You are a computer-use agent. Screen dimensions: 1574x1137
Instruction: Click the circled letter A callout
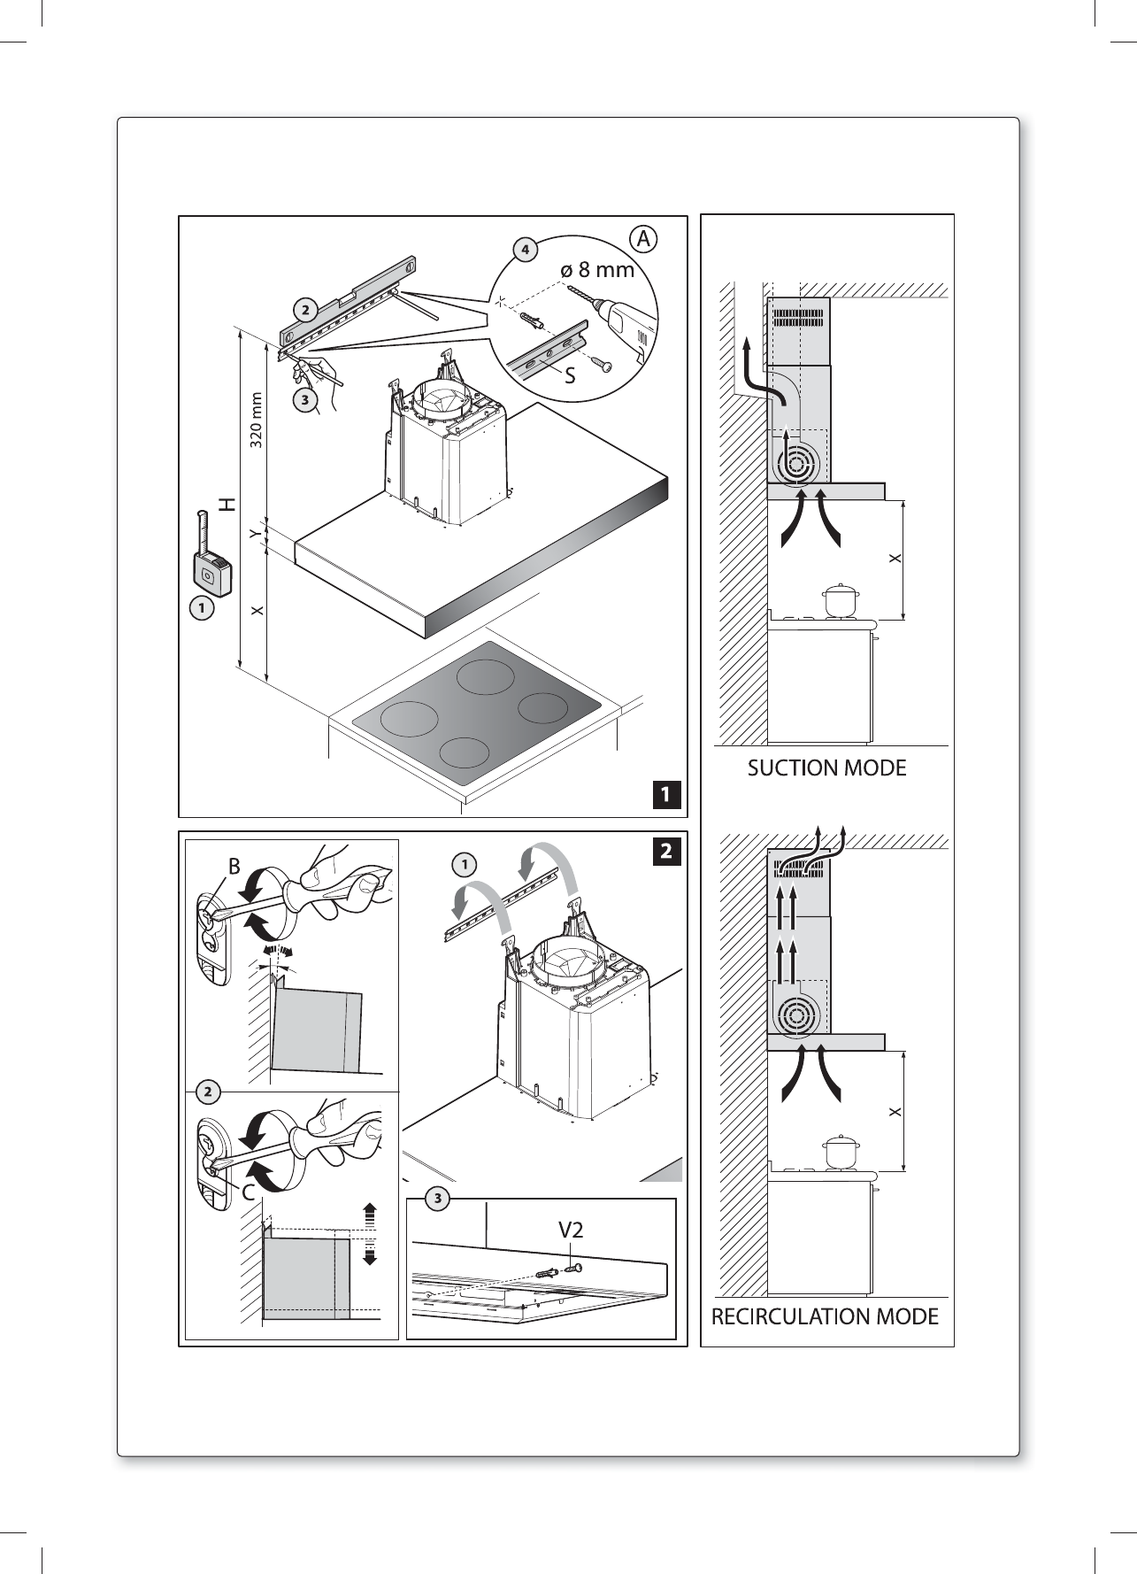click(644, 238)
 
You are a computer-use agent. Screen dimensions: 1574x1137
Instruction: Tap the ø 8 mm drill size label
click(598, 269)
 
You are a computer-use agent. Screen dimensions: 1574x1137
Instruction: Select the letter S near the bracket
click(570, 375)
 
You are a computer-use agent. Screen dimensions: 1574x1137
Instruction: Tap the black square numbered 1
click(667, 793)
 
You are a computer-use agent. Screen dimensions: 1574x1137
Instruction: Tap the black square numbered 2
click(667, 852)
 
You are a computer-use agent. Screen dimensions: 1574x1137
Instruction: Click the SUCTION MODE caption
click(827, 768)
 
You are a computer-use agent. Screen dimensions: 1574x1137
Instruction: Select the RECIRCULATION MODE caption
click(825, 1316)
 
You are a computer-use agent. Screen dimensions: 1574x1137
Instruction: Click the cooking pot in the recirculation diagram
click(840, 1151)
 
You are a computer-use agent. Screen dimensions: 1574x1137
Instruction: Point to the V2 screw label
click(570, 1230)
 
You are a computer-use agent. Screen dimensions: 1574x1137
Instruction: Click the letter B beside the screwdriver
click(234, 868)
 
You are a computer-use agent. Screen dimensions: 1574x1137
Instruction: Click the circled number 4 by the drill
click(525, 250)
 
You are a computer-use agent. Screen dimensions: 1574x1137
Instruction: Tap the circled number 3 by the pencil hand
click(304, 400)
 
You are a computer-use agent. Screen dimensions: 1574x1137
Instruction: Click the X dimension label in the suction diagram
click(895, 559)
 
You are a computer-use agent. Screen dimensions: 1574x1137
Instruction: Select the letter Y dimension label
click(255, 534)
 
